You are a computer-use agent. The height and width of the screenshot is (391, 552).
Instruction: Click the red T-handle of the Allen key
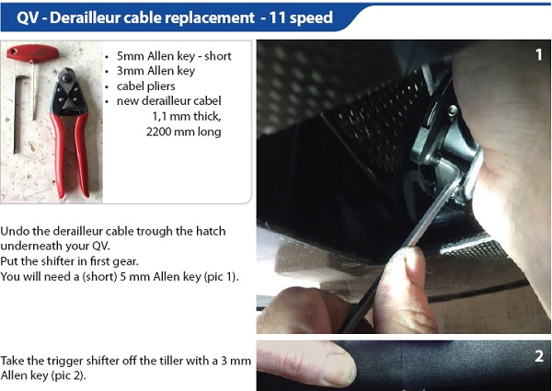coord(33,53)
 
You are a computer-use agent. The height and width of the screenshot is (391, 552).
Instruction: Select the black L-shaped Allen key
coord(17,112)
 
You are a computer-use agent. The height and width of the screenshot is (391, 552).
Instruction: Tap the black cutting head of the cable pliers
coord(66,77)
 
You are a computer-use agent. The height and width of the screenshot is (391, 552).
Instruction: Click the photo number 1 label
coord(538,54)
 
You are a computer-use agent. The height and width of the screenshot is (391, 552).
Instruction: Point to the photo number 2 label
coord(539,356)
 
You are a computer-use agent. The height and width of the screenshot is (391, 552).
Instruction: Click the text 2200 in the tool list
coord(158,132)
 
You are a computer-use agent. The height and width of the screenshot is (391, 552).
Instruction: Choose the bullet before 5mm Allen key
coord(107,57)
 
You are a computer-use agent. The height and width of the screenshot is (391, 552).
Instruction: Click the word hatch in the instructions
coord(211,231)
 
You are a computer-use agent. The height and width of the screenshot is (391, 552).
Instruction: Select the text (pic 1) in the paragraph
coord(222,277)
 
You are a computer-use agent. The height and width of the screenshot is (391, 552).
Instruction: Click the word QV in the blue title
coord(28,18)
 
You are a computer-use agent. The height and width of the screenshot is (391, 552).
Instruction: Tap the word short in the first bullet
coord(218,56)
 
